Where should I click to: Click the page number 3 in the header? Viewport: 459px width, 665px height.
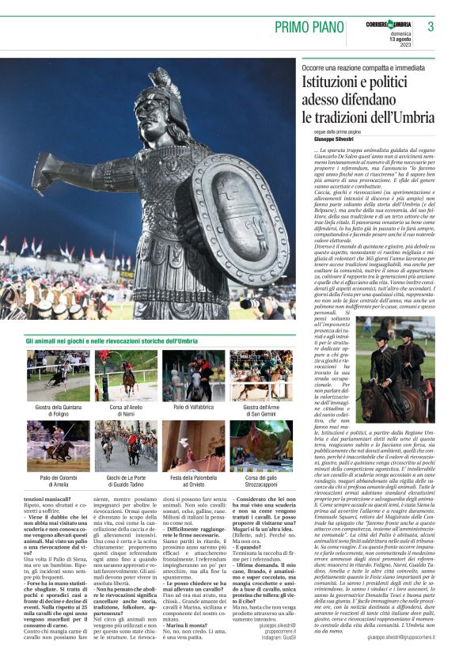click(431, 27)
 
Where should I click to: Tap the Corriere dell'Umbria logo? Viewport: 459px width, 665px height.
click(388, 25)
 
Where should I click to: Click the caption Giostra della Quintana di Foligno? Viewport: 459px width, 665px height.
click(58, 410)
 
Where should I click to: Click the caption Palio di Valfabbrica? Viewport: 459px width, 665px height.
click(193, 407)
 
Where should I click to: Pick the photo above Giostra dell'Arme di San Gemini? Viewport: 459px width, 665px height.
click(261, 375)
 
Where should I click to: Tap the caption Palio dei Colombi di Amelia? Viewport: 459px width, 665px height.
click(58, 481)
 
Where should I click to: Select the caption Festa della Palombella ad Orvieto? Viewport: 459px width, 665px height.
click(193, 481)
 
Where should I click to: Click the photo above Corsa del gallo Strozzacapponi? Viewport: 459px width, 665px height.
click(261, 446)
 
